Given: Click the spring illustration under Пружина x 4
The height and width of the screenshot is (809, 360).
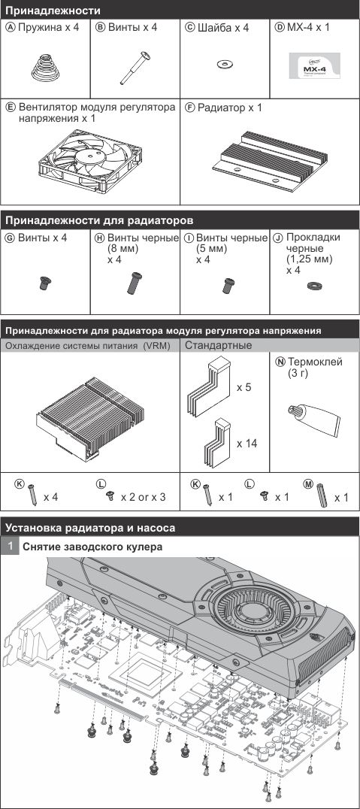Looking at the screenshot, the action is click(45, 68).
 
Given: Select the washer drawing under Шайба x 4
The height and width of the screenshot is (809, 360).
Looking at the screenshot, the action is click(225, 64).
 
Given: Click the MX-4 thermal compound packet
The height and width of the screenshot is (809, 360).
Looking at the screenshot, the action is click(315, 66).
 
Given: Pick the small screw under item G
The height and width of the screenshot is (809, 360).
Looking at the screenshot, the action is click(44, 282).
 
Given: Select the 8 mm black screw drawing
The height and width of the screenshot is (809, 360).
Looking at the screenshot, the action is click(134, 283).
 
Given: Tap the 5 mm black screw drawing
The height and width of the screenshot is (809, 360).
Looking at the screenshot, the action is click(228, 285).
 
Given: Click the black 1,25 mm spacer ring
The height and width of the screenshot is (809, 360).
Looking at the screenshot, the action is click(313, 285).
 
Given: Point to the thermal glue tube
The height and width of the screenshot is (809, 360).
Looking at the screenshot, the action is click(311, 414).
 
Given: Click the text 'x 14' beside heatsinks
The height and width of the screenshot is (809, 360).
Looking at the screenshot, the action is click(247, 443).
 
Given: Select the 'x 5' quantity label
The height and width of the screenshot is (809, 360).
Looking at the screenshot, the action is click(244, 387).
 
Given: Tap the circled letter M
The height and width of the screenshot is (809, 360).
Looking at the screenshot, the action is click(308, 484).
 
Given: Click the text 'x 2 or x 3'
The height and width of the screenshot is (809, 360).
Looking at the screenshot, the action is click(144, 498).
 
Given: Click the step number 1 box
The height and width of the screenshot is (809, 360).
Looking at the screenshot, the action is click(9, 547).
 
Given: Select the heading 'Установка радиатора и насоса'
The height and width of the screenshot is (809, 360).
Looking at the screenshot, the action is click(89, 528).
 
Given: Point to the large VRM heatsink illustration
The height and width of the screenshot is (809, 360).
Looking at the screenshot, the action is click(90, 418).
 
